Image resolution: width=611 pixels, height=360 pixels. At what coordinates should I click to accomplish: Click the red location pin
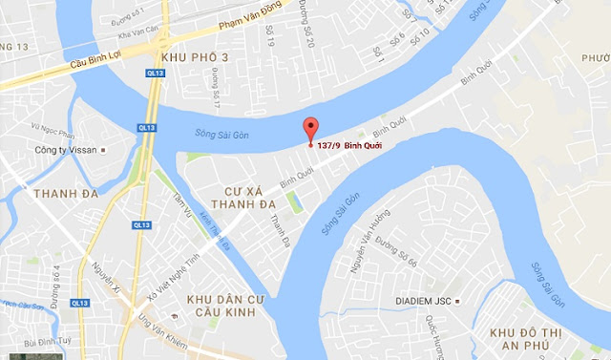click(x=309, y=131)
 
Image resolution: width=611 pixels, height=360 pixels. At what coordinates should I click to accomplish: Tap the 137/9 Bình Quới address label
click(x=351, y=146)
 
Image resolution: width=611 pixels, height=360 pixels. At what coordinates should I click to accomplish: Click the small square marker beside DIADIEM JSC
click(x=457, y=299)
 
